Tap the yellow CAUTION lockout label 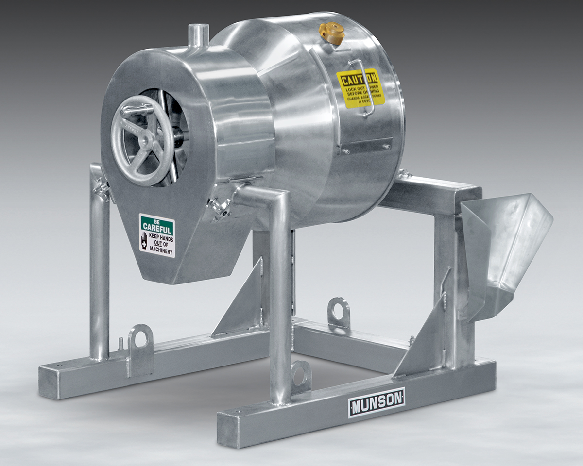[x=360, y=88]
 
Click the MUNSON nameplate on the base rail [x=376, y=402]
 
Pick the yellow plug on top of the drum [x=332, y=33]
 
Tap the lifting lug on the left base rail [x=141, y=340]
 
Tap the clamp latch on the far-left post [x=102, y=189]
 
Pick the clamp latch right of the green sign [x=219, y=208]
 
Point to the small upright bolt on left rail [x=120, y=343]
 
